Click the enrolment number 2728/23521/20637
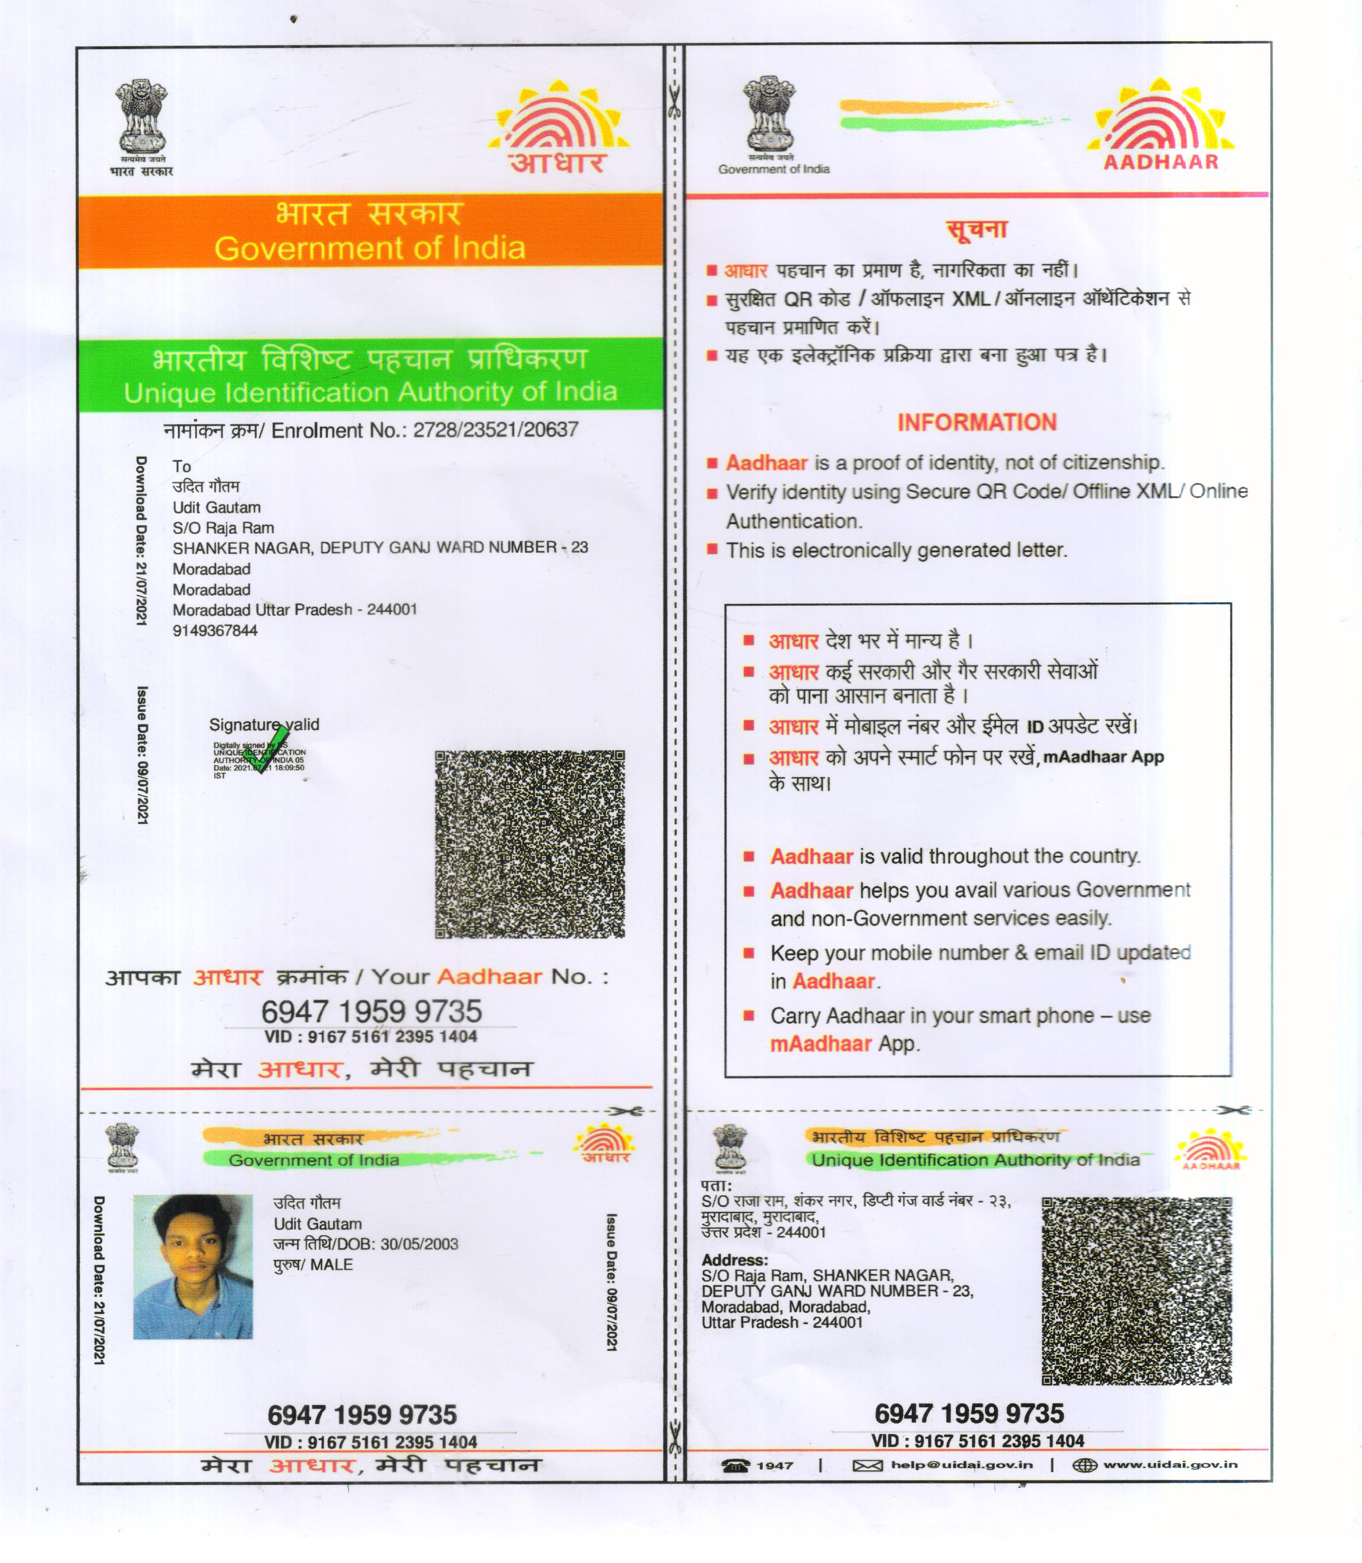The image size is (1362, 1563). [495, 430]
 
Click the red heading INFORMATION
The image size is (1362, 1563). [977, 423]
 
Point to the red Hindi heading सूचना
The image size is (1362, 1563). [977, 229]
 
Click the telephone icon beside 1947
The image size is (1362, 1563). [735, 1465]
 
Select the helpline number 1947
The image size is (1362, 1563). [775, 1465]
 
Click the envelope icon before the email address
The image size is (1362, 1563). [867, 1465]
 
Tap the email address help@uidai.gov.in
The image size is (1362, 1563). [962, 1464]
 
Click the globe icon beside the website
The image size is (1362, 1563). [1084, 1464]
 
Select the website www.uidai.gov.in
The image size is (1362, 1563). [1170, 1464]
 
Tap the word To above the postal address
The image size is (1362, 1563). [181, 467]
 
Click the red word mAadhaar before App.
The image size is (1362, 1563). [820, 1043]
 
